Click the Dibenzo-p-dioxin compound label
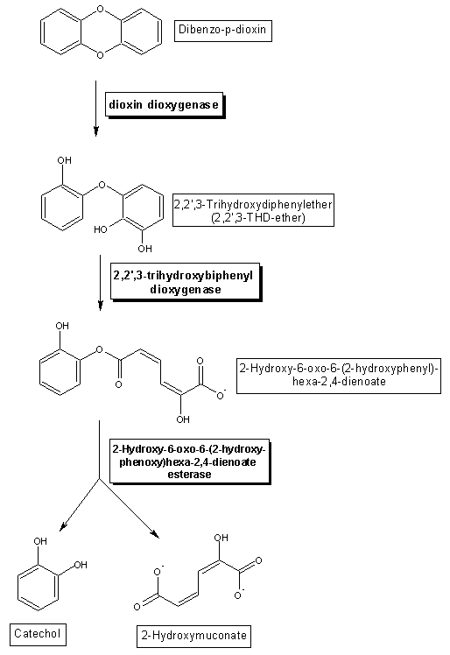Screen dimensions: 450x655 click(222, 30)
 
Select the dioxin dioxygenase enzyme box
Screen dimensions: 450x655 click(165, 105)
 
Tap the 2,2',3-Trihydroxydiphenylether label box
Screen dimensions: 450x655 click(253, 210)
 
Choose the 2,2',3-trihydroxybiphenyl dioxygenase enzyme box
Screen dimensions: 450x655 click(186, 282)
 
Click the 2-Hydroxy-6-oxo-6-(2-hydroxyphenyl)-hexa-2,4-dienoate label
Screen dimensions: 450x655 click(339, 376)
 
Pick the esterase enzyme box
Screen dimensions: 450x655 click(190, 461)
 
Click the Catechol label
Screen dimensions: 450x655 click(38, 634)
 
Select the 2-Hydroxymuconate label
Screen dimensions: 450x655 click(193, 636)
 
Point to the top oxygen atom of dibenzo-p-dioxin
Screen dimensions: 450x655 click(100, 9)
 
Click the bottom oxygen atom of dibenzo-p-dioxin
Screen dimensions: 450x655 click(100, 55)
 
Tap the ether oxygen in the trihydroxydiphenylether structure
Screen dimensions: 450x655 click(102, 185)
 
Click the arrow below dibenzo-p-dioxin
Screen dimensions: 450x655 click(96, 109)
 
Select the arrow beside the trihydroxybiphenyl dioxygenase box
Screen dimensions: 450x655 click(101, 283)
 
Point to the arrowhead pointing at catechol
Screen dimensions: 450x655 click(63, 526)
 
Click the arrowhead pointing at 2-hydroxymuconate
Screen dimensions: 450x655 click(156, 534)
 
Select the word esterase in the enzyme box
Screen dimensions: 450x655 click(190, 475)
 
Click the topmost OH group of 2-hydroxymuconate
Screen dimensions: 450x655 click(221, 538)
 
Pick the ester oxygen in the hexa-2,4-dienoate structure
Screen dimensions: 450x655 click(99, 349)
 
